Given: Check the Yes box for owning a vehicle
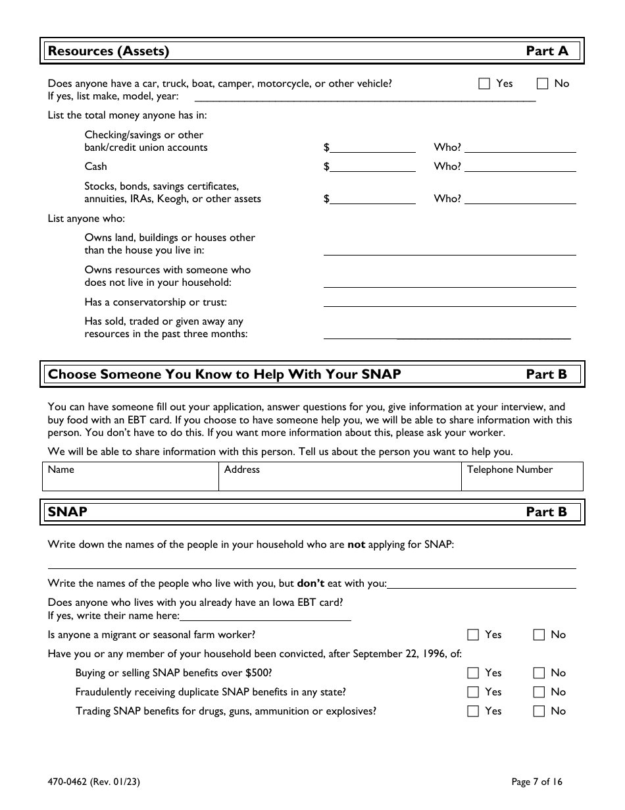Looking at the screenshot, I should click(x=484, y=84).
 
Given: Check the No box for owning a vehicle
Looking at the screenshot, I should click(x=543, y=84).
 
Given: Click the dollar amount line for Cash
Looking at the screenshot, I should click(x=372, y=167).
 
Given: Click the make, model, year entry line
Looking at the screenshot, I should click(x=366, y=97).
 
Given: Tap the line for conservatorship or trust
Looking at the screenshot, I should click(x=449, y=302).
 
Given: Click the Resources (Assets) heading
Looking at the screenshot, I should click(x=109, y=51).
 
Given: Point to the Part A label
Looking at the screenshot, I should click(x=547, y=51).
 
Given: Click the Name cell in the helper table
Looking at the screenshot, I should click(x=130, y=476).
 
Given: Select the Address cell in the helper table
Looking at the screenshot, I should click(x=339, y=476).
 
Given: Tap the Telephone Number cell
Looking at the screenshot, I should click(x=522, y=476).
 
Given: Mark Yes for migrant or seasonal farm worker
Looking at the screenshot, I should click(x=473, y=635).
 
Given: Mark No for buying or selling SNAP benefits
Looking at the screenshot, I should click(x=539, y=673).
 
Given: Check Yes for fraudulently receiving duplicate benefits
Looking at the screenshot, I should click(x=473, y=692).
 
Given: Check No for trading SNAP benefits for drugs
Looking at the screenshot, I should click(x=539, y=711).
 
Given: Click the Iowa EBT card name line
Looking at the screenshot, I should click(x=265, y=616).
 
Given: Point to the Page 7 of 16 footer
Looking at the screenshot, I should click(x=537, y=782).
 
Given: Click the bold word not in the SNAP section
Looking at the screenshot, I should click(x=356, y=545).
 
